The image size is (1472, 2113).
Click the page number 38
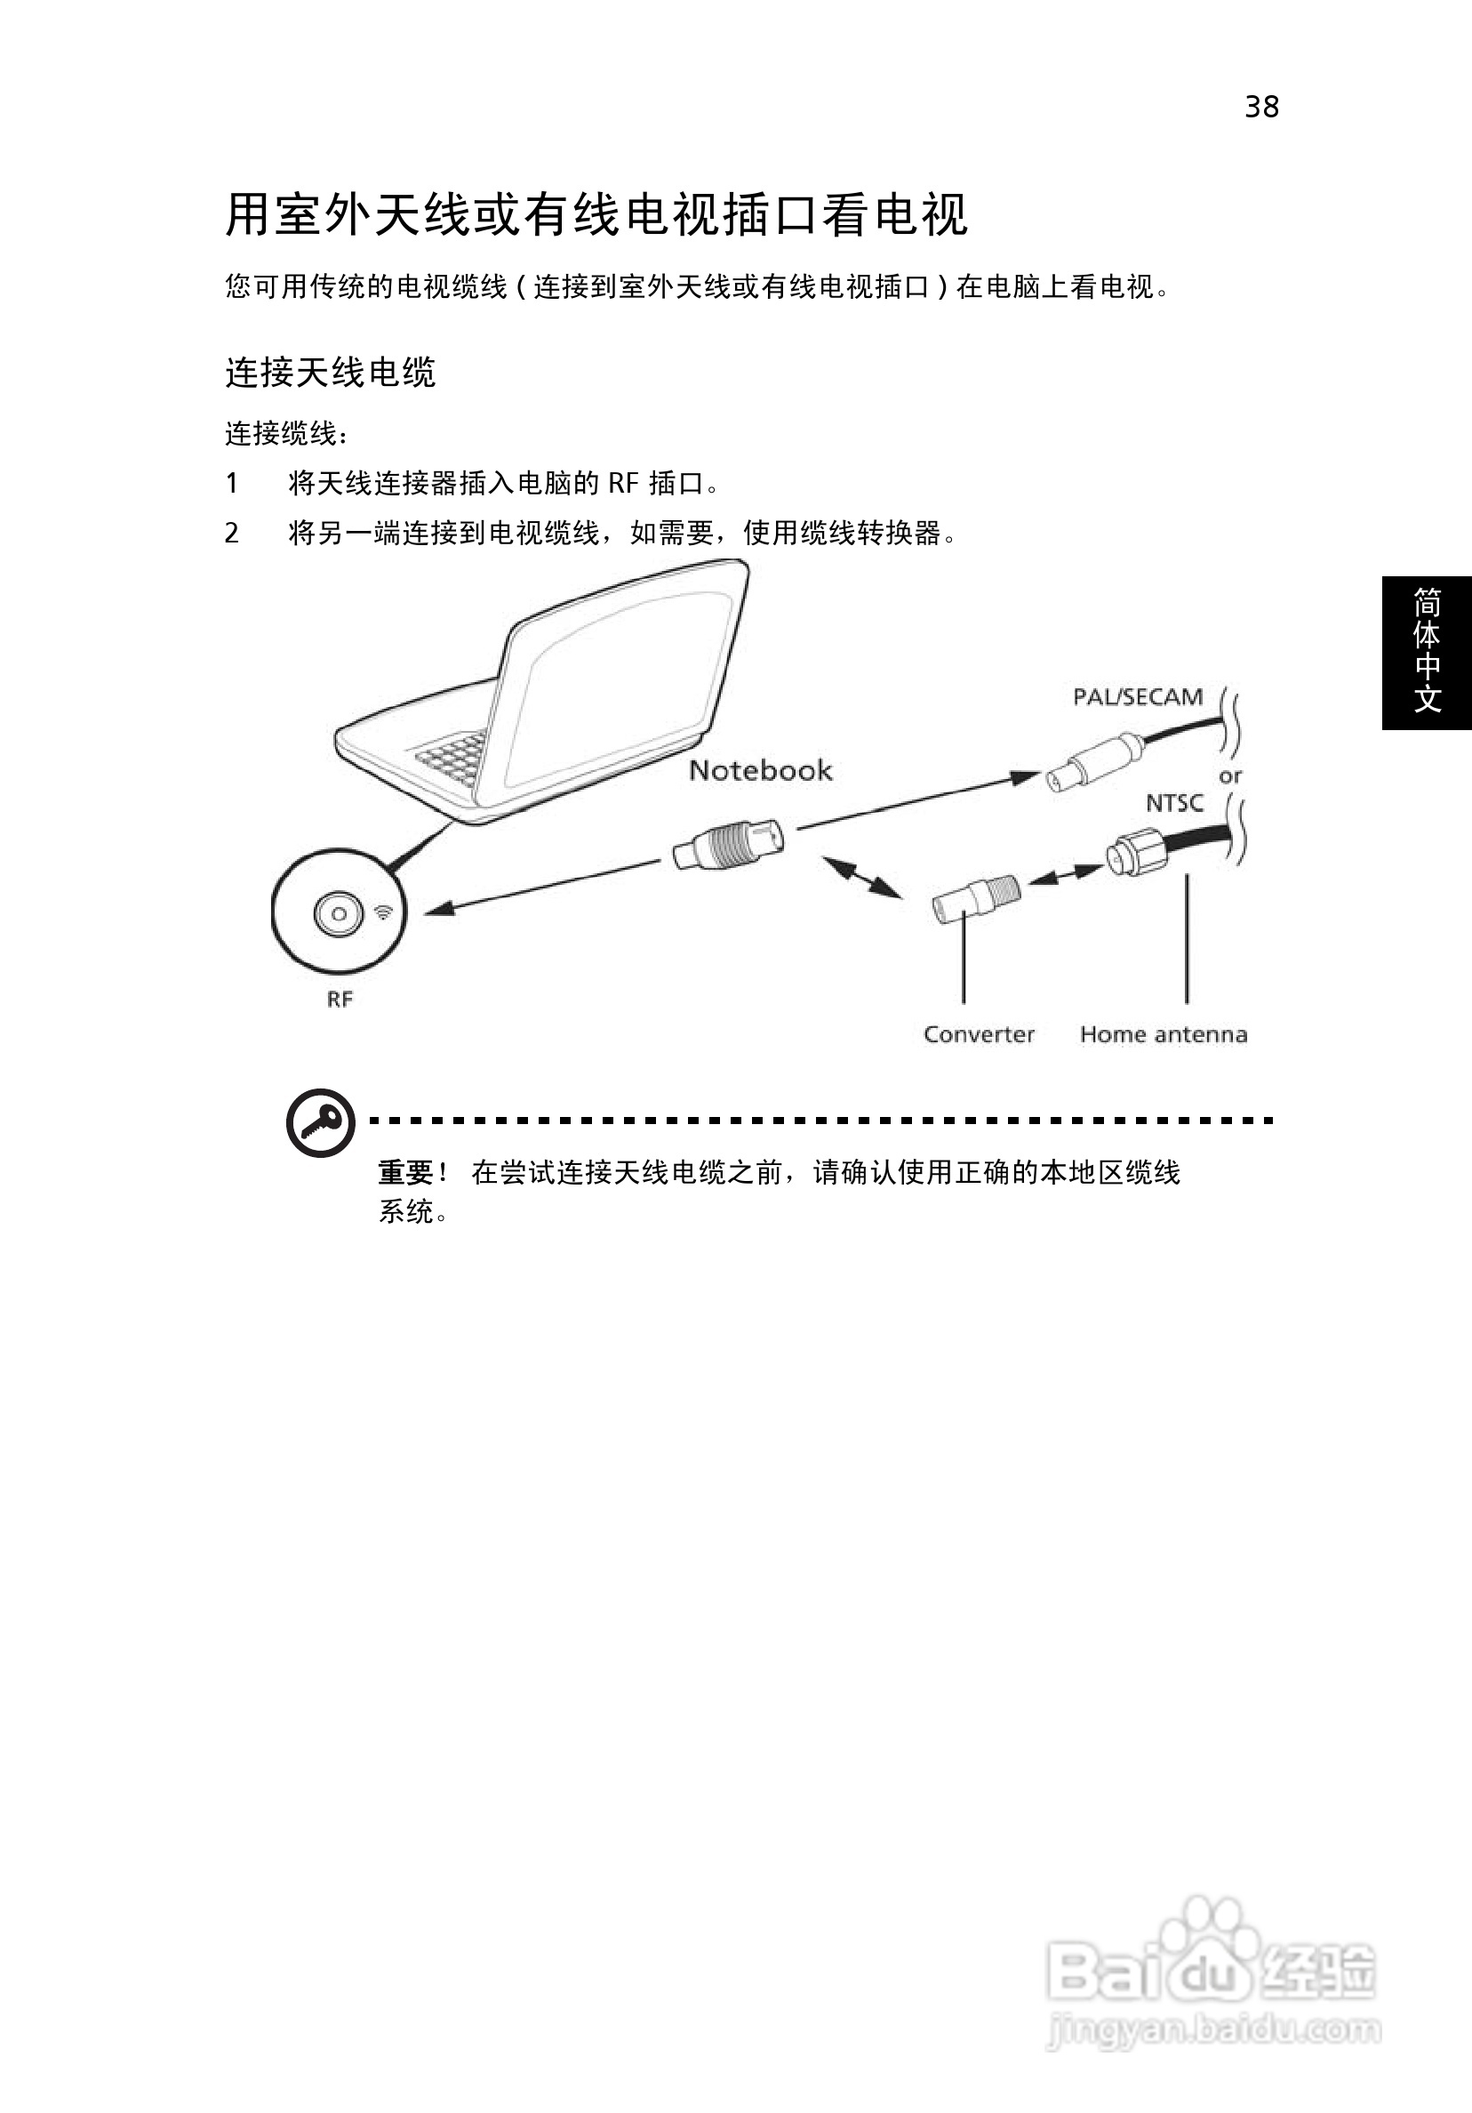tap(1261, 107)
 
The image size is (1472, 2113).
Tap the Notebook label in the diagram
tap(760, 770)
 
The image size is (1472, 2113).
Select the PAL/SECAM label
tap(1138, 696)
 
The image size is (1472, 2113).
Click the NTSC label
tap(1174, 803)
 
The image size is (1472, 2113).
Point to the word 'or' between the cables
tap(1230, 775)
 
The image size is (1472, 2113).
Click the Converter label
tap(979, 1034)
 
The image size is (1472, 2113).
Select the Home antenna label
tap(1164, 1034)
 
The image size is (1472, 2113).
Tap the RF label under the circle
tap(340, 1000)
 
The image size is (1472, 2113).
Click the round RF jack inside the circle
tap(339, 914)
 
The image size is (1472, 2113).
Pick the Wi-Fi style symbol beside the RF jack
tap(384, 912)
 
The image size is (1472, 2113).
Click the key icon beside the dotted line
tap(320, 1123)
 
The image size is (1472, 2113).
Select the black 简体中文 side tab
tap(1427, 653)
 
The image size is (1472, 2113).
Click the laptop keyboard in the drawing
tap(452, 759)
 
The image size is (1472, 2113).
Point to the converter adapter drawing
tap(976, 897)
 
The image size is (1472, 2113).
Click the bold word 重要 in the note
tap(405, 1172)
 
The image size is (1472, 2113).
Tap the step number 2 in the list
tap(232, 533)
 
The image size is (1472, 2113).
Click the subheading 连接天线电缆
tap(331, 373)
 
